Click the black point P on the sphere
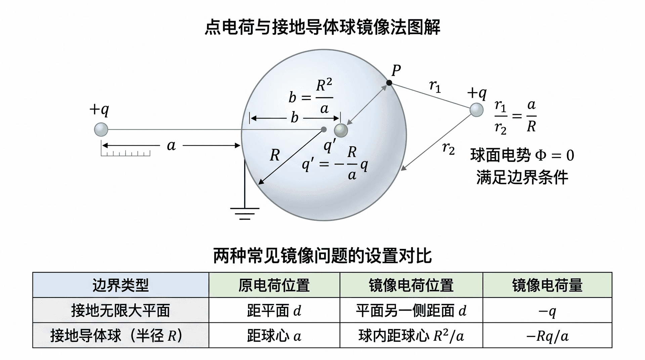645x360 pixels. click(x=389, y=83)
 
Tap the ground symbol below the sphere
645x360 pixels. click(x=245, y=214)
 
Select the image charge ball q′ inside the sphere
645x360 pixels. click(x=341, y=130)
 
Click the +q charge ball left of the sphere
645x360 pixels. click(x=101, y=130)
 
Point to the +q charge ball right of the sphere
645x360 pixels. click(x=476, y=110)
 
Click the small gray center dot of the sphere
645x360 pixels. click(x=324, y=129)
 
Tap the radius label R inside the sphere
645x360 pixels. click(x=275, y=155)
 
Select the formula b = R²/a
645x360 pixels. click(x=311, y=96)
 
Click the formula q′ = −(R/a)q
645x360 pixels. click(x=335, y=164)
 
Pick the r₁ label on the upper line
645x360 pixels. click(x=435, y=86)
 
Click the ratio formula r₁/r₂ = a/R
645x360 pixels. click(x=515, y=117)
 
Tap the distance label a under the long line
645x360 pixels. click(x=171, y=146)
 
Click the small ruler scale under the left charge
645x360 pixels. click(x=126, y=153)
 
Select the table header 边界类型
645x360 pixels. click(x=121, y=285)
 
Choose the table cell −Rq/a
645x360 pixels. click(x=547, y=335)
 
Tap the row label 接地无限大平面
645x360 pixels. click(x=121, y=310)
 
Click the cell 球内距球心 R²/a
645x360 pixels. click(x=411, y=335)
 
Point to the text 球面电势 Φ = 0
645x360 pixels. click(x=522, y=155)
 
